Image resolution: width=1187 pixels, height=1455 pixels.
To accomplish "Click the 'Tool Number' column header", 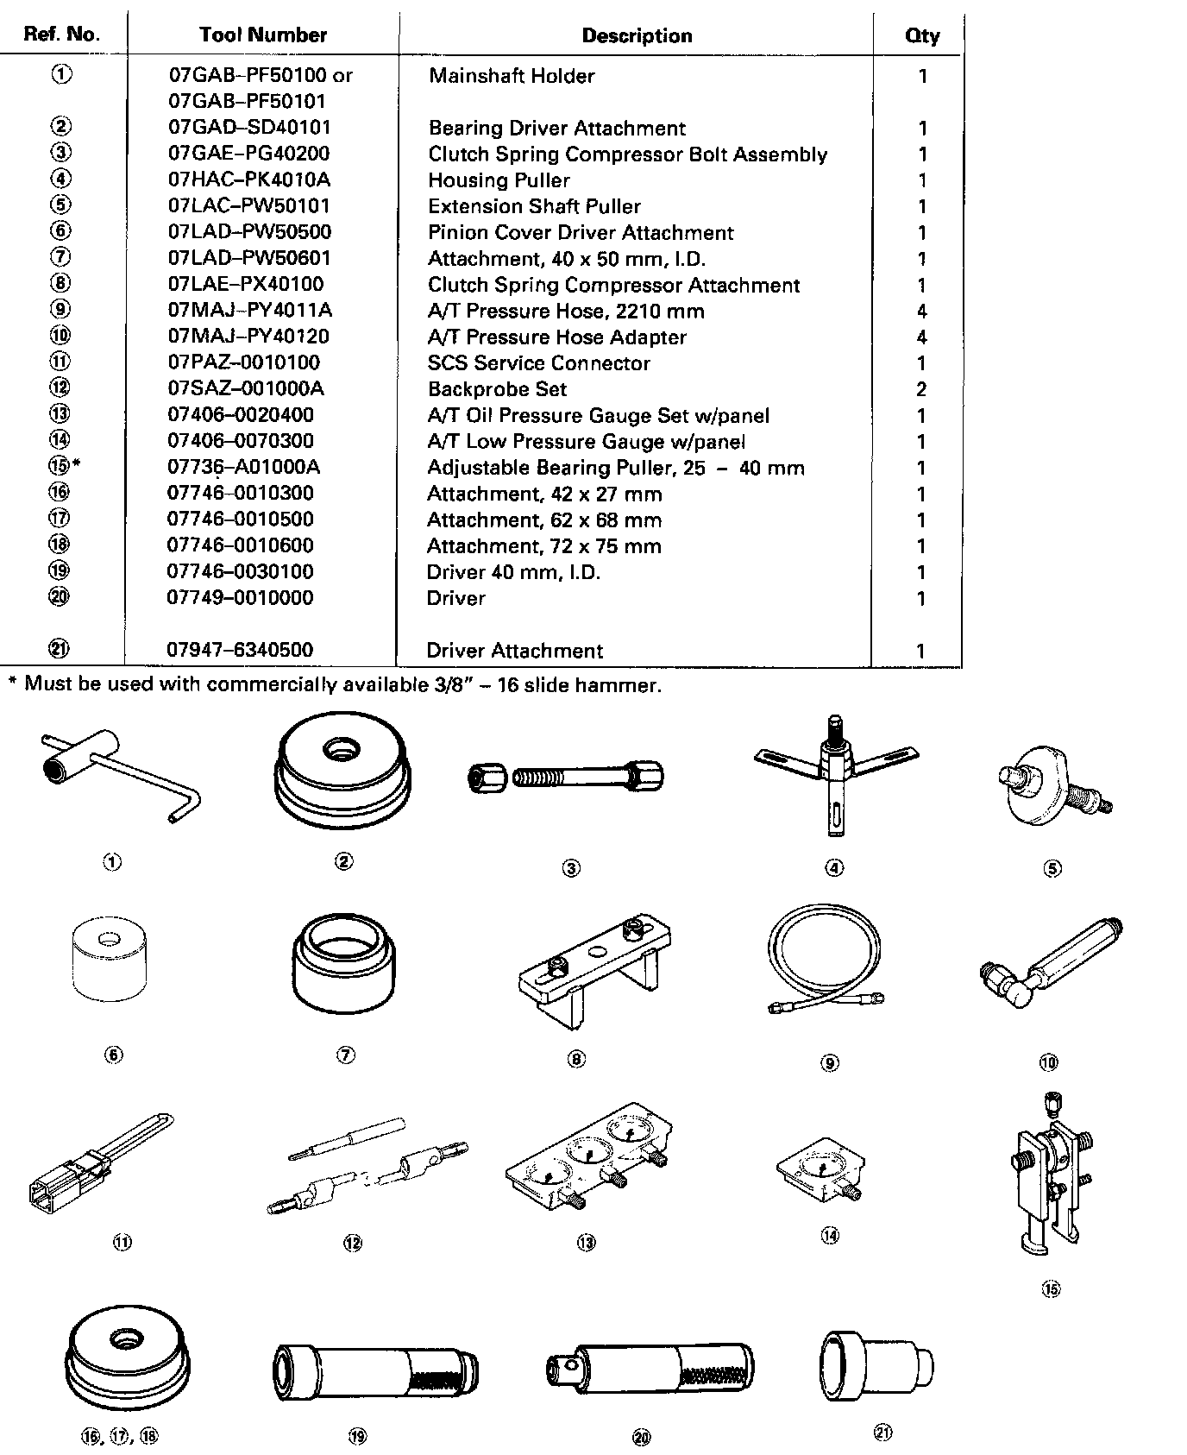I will click(262, 35).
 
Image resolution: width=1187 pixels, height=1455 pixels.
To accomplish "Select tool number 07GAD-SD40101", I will click(249, 128).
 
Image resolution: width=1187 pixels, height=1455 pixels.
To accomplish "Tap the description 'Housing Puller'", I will click(499, 180).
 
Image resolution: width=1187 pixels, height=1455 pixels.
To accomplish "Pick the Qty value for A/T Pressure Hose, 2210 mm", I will click(921, 311).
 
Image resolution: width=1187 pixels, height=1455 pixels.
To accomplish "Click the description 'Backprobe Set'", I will click(497, 389).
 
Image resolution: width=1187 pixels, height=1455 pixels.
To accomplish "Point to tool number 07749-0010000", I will click(240, 597).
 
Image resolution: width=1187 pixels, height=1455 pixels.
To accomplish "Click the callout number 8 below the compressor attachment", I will click(576, 1059).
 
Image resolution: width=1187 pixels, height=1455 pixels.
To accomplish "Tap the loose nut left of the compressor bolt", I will click(480, 777).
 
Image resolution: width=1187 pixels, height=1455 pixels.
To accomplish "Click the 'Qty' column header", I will click(921, 35).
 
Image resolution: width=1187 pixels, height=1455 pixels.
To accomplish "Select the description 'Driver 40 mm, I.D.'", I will click(512, 572).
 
